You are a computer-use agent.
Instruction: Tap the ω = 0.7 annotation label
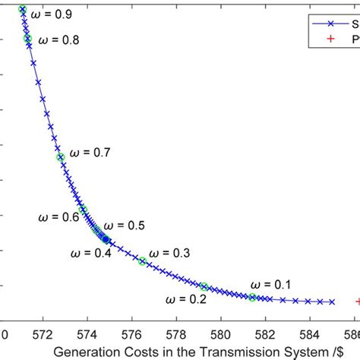(x=90, y=153)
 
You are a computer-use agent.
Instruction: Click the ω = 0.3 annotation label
(x=169, y=253)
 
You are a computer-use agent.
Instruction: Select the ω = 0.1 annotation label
(x=271, y=284)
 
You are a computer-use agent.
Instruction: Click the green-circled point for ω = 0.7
(x=61, y=157)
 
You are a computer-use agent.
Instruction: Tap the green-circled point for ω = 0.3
(x=143, y=261)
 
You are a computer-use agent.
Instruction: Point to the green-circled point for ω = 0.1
(x=252, y=297)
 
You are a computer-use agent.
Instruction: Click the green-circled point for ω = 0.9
(x=22, y=9)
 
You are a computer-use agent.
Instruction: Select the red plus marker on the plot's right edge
(x=358, y=302)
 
